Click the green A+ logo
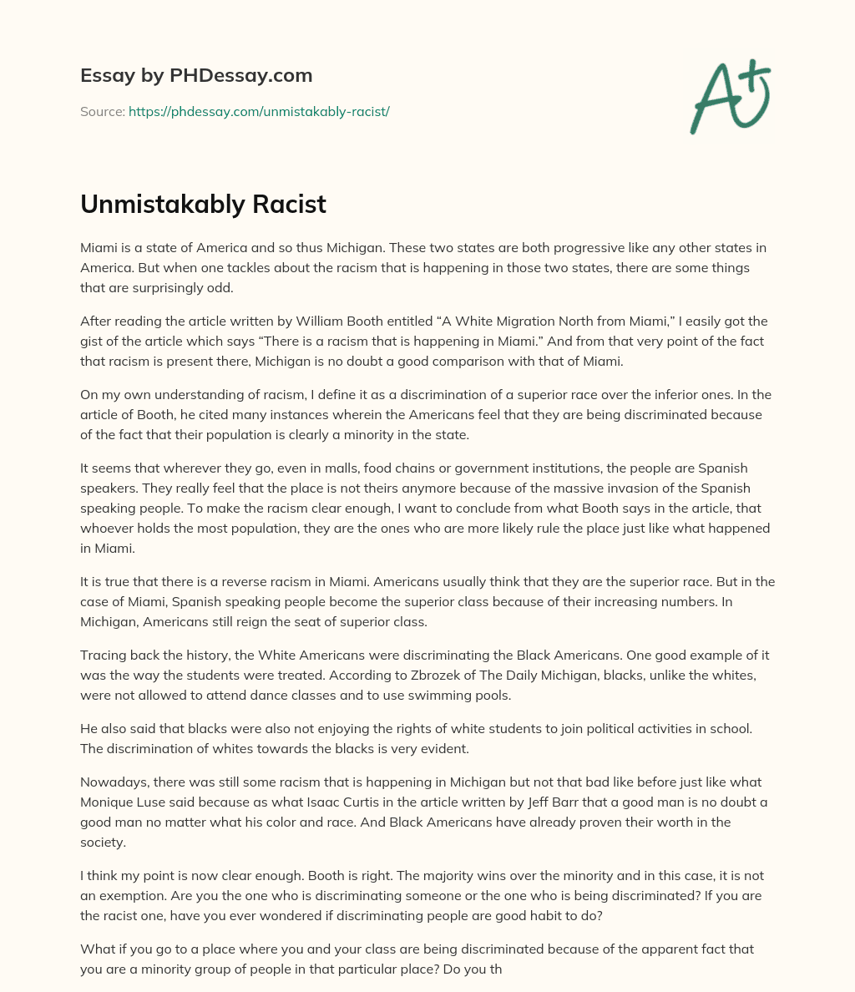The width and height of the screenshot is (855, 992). [x=729, y=96]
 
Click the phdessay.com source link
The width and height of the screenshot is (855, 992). [x=259, y=111]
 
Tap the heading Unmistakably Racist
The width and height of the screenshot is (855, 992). [x=203, y=205]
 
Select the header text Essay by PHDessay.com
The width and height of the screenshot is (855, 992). [x=196, y=75]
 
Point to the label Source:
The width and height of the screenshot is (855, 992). [x=102, y=111]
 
